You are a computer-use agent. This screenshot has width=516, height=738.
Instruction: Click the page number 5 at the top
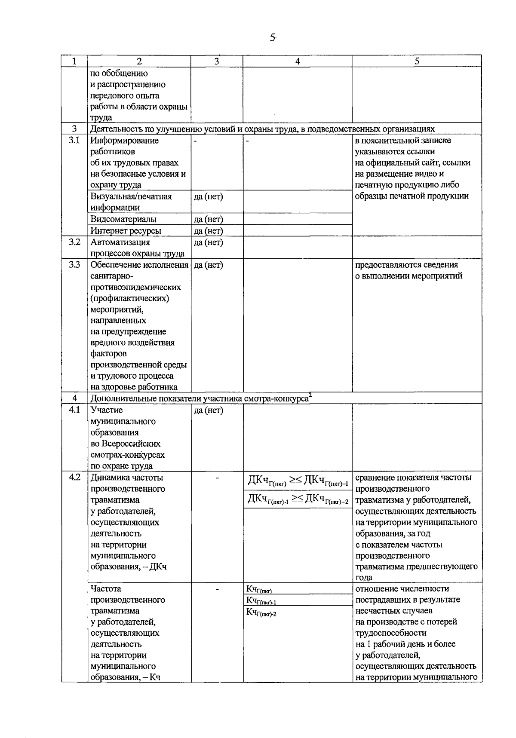[x=273, y=38]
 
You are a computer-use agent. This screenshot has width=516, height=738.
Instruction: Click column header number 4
[x=297, y=61]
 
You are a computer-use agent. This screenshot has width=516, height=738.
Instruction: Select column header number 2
[x=139, y=61]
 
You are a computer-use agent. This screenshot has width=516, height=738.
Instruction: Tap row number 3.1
[x=74, y=141]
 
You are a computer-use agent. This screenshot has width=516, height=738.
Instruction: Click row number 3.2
[x=74, y=242]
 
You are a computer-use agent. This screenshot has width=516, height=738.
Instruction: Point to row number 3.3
[x=74, y=265]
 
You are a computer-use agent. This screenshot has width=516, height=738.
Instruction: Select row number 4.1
[x=74, y=410]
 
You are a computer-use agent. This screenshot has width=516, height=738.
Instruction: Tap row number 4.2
[x=74, y=478]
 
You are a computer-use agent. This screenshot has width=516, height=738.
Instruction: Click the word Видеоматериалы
[x=123, y=219]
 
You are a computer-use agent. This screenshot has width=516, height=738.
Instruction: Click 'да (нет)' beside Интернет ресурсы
[x=209, y=231]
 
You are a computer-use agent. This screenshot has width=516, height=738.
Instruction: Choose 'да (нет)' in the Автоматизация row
[x=209, y=242]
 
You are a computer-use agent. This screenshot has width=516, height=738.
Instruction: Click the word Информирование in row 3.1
[x=124, y=141]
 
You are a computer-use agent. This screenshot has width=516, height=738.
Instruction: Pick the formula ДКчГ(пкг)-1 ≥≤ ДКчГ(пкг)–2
[x=298, y=499]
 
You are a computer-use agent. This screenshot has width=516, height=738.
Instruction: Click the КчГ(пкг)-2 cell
[x=261, y=612]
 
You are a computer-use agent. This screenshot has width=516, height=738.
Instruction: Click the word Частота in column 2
[x=106, y=589]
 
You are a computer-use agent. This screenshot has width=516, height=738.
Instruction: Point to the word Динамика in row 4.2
[x=107, y=478]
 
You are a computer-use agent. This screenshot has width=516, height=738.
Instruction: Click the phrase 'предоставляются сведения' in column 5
[x=406, y=265]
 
